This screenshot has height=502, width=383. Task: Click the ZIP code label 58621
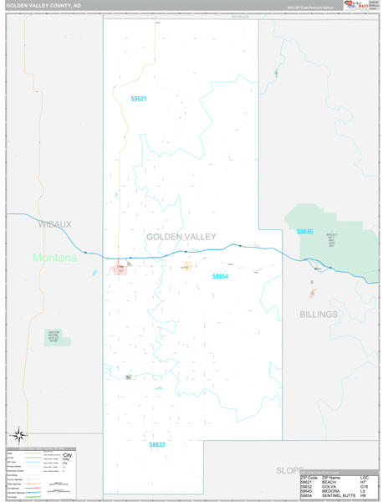tap(138, 99)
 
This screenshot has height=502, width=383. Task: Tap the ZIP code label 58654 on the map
tap(220, 276)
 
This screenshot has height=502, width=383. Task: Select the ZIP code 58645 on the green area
tap(304, 232)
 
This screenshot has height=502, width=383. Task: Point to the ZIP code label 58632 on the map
tap(157, 445)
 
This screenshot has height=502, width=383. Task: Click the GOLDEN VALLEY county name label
tap(181, 237)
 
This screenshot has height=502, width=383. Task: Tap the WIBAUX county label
tap(54, 224)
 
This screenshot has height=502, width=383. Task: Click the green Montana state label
tap(54, 258)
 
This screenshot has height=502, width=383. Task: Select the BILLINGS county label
tap(319, 315)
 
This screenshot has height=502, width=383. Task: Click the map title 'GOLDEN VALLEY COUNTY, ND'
tap(43, 5)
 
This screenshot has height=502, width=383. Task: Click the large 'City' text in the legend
tap(68, 455)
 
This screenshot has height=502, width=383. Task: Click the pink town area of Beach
tap(118, 269)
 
